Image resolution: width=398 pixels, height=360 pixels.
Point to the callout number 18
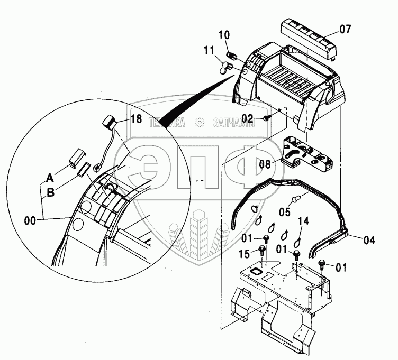click(x=136, y=119)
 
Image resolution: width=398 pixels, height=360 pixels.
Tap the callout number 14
click(x=303, y=220)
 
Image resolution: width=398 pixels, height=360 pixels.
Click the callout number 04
click(x=369, y=239)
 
